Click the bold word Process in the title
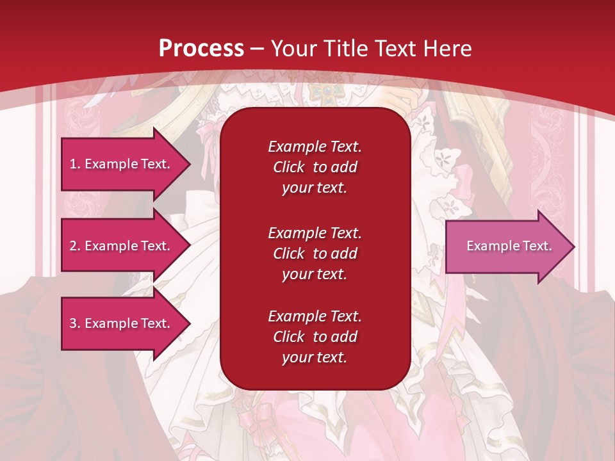click(x=201, y=48)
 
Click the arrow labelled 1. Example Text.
click(x=122, y=164)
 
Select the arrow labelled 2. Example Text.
click(x=122, y=246)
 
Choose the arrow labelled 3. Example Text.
click(x=122, y=323)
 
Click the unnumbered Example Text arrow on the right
click(x=506, y=246)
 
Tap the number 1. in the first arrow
click(x=75, y=164)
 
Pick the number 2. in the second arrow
click(x=75, y=246)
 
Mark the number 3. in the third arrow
click(x=75, y=323)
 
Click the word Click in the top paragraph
click(x=288, y=167)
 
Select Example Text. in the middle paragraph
click(x=315, y=232)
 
